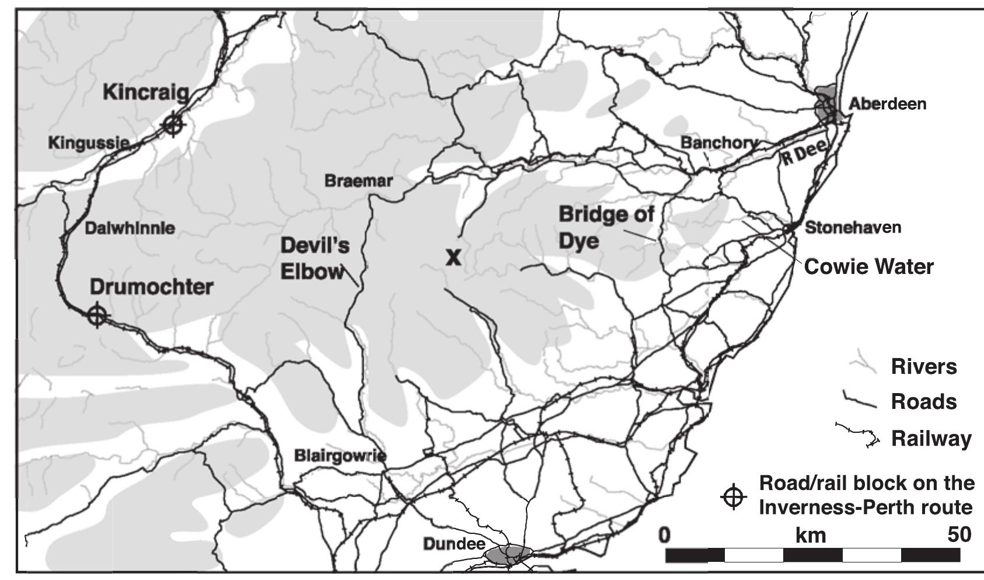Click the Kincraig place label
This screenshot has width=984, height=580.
coord(146,92)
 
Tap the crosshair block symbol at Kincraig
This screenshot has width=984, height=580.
coord(173,124)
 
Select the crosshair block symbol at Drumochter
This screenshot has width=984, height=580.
coord(97,315)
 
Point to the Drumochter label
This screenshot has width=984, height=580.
coord(151,287)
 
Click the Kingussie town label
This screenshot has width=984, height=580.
coord(88,143)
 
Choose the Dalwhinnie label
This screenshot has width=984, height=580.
coord(130,228)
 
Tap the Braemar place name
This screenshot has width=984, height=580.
coord(358,181)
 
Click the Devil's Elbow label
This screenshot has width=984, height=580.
coord(315,259)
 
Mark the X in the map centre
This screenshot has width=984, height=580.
coord(453,257)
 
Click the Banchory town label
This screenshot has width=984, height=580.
coord(720,143)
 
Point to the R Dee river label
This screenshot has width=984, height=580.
coord(804,153)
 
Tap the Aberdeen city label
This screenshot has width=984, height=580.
coord(887,104)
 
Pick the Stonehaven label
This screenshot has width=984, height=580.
coord(853,227)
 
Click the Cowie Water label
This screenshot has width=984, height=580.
coord(868,267)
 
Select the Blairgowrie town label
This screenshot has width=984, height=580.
coord(340,455)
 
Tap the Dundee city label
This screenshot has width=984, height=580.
coord(454,544)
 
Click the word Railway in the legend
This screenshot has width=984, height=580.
coord(931,439)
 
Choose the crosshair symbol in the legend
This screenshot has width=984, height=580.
coord(734,497)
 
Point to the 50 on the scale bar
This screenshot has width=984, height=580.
coord(959,534)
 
